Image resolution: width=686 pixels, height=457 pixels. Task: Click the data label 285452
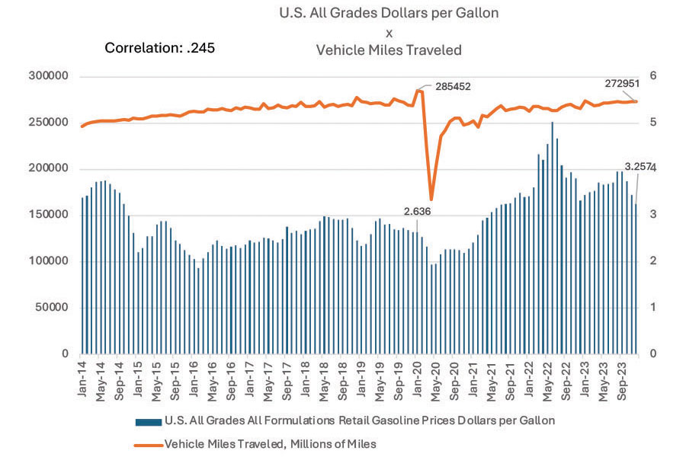454,87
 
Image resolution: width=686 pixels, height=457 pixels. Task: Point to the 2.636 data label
418,213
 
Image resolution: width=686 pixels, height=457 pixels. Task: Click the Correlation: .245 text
159,48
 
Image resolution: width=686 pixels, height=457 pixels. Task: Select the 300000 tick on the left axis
48,76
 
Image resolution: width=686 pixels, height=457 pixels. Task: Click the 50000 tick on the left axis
51,308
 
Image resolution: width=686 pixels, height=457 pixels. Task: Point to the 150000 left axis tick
48,215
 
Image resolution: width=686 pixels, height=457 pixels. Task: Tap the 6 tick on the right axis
652,76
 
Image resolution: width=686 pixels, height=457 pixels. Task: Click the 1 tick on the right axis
652,308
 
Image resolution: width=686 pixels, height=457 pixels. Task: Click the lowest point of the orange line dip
431,199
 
